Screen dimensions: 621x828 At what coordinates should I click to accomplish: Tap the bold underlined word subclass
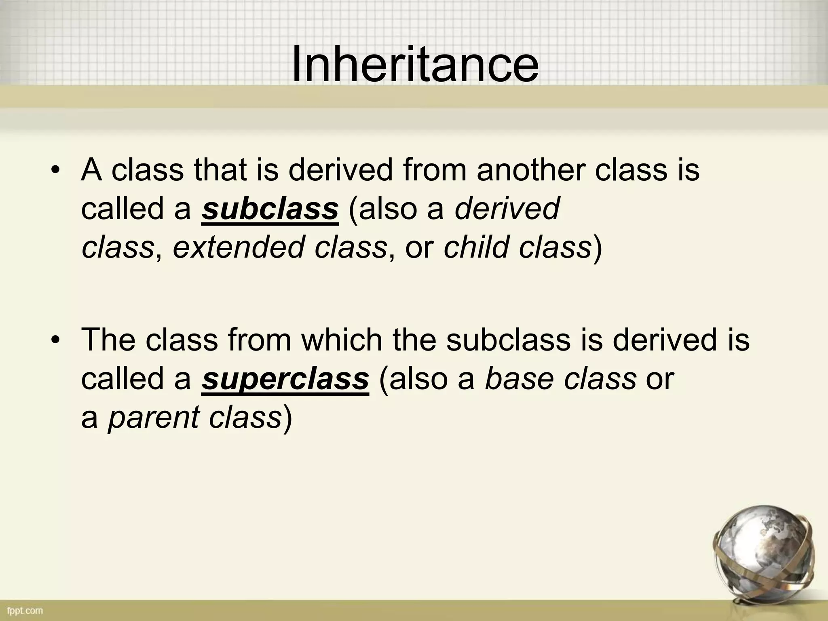pos(270,209)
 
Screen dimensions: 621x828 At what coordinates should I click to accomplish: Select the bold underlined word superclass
pos(285,379)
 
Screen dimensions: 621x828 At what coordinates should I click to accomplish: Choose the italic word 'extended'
pos(239,247)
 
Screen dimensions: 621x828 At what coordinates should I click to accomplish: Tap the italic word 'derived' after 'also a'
pos(507,209)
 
